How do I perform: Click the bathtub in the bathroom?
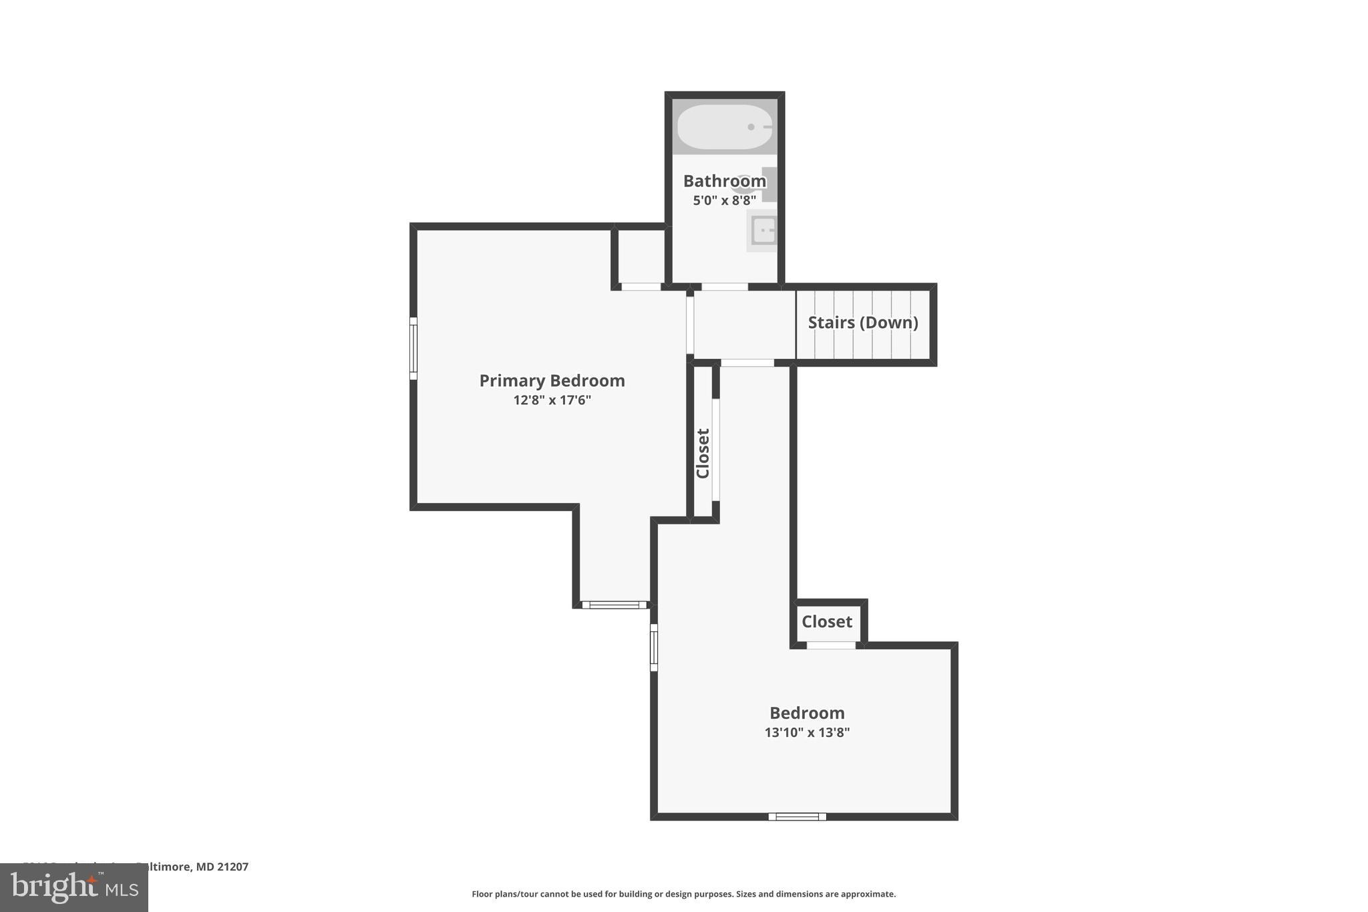click(725, 127)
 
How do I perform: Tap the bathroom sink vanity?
click(762, 231)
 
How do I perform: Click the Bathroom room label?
click(724, 181)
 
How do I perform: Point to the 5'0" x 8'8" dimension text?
click(724, 200)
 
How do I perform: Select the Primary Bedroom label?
click(552, 381)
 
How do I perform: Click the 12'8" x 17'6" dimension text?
click(552, 400)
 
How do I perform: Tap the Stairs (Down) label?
click(862, 323)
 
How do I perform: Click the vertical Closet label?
click(703, 453)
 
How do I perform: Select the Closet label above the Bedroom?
click(826, 622)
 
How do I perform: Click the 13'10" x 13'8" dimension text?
click(807, 732)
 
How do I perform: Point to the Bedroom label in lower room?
click(807, 713)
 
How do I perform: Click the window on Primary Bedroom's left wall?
click(413, 348)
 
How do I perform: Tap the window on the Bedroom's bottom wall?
click(797, 816)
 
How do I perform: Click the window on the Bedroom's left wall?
click(654, 647)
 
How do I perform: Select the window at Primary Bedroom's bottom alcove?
click(615, 605)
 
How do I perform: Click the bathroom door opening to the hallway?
click(724, 287)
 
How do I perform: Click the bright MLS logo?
click(74, 887)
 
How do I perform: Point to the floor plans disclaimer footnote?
click(683, 894)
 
